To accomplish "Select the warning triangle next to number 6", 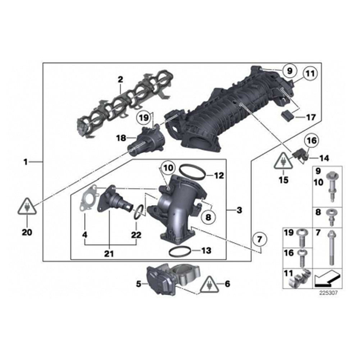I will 209,284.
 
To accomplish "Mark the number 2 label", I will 120,78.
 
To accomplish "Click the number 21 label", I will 109,254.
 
